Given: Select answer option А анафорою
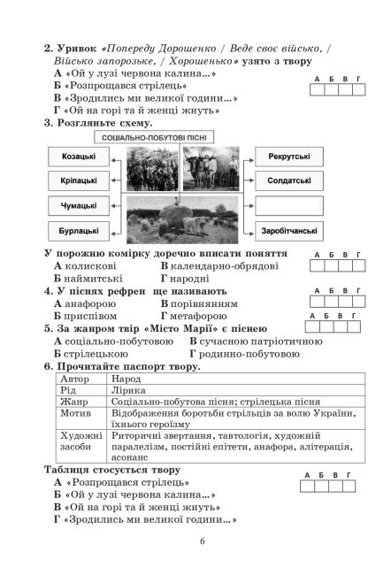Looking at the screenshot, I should [x=84, y=303].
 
